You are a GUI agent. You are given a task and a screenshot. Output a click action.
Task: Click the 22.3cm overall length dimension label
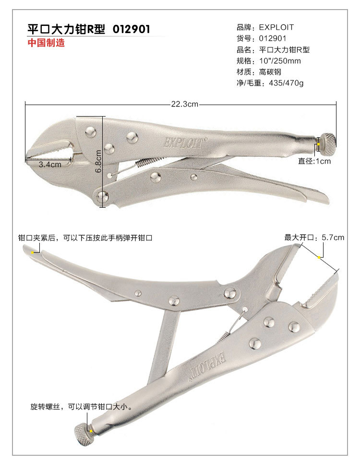(x=185, y=104)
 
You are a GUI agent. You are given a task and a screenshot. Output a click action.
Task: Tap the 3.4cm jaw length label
(x=50, y=164)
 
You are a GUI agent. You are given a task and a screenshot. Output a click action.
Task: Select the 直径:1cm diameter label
(x=314, y=161)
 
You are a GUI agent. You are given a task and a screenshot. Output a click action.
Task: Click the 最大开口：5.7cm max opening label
(x=314, y=237)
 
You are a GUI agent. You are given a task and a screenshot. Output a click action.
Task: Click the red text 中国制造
(x=46, y=43)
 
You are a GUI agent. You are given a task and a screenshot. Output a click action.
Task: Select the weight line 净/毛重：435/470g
(x=270, y=83)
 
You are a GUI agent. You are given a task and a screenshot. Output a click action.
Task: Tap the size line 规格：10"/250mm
(x=269, y=61)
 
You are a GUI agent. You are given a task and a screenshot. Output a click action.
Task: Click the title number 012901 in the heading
(x=131, y=29)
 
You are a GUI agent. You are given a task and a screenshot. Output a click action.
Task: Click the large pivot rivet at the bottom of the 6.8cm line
(x=102, y=195)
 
